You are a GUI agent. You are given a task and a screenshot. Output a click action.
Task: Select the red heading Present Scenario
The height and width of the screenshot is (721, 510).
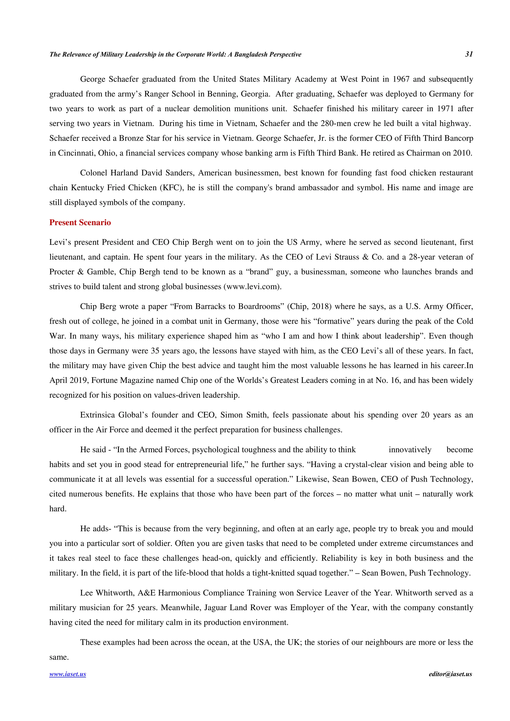coord(80,222)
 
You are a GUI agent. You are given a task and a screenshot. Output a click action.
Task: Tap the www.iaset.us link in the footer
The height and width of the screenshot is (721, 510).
coord(67,674)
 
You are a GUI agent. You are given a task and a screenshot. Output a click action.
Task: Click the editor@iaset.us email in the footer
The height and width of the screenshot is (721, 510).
coord(450,674)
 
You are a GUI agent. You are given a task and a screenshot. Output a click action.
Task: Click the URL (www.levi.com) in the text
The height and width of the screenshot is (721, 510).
coord(252,287)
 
